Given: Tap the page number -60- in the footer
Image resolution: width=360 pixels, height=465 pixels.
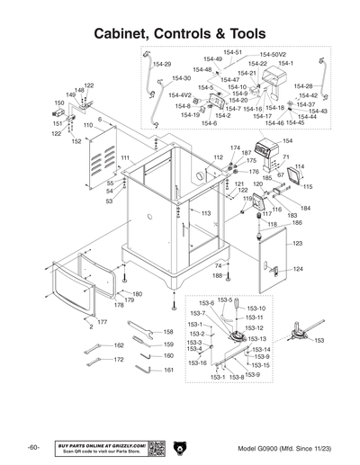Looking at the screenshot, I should pyautogui.click(x=31, y=447).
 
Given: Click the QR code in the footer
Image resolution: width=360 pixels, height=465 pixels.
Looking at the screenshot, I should pyautogui.click(x=155, y=447).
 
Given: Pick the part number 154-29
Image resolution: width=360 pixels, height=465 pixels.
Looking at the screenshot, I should pyautogui.click(x=162, y=65).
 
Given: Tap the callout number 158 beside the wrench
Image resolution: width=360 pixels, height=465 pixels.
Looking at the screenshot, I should pyautogui.click(x=167, y=332).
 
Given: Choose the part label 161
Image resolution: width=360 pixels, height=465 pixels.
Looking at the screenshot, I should pyautogui.click(x=167, y=369).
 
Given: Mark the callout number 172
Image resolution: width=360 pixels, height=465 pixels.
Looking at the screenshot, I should pyautogui.click(x=117, y=360).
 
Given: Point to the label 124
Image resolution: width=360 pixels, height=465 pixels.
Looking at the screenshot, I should pyautogui.click(x=298, y=269).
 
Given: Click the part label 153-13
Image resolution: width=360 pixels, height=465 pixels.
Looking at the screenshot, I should pyautogui.click(x=256, y=339).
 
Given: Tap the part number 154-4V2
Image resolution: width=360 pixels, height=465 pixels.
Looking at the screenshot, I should pyautogui.click(x=180, y=94).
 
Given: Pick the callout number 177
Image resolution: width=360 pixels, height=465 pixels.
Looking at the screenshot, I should pyautogui.click(x=103, y=321).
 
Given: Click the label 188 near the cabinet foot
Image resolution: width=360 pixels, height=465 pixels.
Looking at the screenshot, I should pyautogui.click(x=216, y=275).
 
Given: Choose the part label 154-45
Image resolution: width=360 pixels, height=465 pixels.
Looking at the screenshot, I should pyautogui.click(x=294, y=122).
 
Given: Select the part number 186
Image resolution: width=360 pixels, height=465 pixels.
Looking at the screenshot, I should pyautogui.click(x=297, y=222).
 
